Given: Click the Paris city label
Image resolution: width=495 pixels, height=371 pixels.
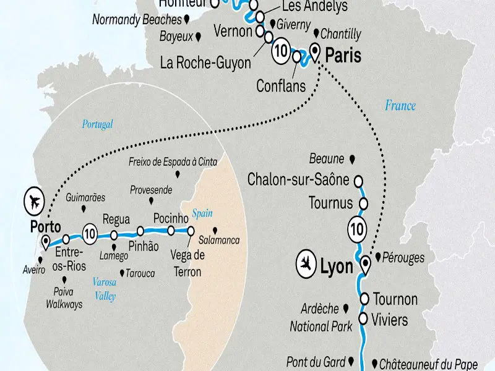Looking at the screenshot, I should point(343,56).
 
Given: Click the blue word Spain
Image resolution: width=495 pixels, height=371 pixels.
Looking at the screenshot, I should point(202,213).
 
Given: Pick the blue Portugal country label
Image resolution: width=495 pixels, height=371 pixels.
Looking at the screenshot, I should point(98,124).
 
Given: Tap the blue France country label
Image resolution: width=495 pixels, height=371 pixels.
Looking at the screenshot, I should point(400,105).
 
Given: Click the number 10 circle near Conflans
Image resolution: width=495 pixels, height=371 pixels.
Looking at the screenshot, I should point(281,51).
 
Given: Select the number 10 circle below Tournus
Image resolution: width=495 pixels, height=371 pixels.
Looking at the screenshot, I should point(357,229).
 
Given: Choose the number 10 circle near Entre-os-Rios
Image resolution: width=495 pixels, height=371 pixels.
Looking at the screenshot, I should point(90,234).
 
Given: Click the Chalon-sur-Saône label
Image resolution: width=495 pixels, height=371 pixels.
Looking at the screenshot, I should point(298,180).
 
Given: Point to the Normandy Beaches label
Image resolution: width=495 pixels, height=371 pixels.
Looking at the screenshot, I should point(136,19).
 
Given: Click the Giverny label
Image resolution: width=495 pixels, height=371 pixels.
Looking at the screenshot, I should point(293,25).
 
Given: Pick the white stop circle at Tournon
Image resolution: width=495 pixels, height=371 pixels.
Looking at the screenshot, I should point(364,297).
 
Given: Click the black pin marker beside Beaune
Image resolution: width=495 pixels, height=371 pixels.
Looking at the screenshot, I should point(352,159).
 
